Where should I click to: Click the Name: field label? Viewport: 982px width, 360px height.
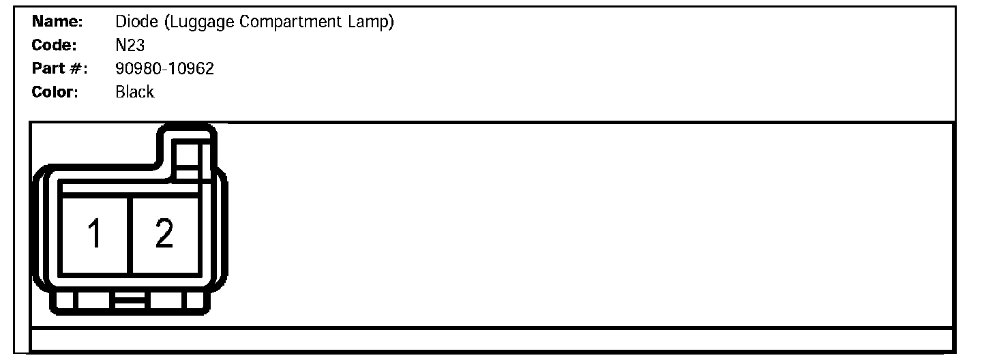57,22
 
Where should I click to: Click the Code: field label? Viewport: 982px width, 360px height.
54,46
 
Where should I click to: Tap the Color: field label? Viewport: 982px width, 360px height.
55,92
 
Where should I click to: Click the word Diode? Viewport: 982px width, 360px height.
137,22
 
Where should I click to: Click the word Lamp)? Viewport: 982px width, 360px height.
372,22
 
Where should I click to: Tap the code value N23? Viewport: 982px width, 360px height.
130,46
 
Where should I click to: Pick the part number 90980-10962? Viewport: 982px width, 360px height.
165,69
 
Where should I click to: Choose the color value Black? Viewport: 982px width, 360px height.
135,92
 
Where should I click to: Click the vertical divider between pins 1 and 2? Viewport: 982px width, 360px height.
130,235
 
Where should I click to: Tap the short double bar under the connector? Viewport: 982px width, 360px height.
130,300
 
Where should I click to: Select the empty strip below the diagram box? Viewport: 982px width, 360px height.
491,339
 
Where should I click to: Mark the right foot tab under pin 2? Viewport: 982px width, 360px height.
167,301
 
